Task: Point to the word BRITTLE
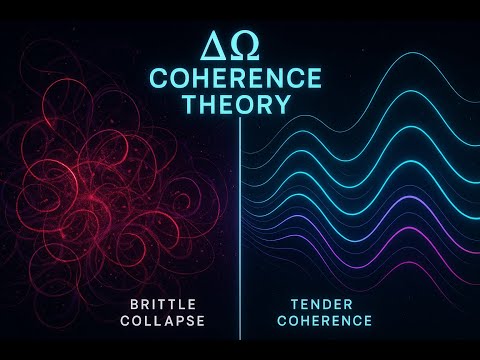click(x=166, y=303)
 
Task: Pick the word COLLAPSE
click(x=166, y=321)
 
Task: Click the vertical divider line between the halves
click(x=240, y=230)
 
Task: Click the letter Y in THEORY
click(x=284, y=104)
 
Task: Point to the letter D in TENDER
click(x=323, y=303)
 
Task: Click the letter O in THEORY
click(x=242, y=104)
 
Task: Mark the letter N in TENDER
click(x=311, y=303)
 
